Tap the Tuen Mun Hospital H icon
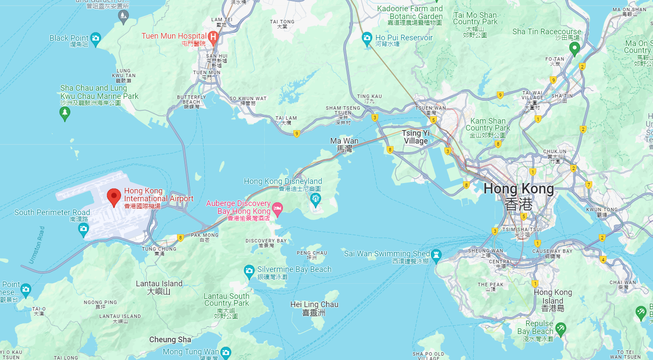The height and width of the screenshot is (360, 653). [x=213, y=37]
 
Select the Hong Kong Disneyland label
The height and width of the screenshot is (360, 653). [x=283, y=181]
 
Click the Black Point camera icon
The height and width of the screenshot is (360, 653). [x=96, y=39]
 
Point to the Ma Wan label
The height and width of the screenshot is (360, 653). [x=344, y=141]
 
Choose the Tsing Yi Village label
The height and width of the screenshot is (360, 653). [x=416, y=137]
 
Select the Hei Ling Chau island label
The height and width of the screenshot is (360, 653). [x=314, y=304]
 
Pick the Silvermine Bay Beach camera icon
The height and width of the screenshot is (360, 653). [x=249, y=271]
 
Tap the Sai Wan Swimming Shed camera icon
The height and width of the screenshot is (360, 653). [x=436, y=255]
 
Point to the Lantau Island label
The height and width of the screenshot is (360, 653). [x=159, y=284]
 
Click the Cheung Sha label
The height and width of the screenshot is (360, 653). [x=170, y=340]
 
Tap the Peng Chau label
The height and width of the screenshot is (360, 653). [x=312, y=253]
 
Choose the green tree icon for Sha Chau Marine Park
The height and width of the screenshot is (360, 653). [x=65, y=113]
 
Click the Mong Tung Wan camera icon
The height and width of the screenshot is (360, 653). [x=226, y=352]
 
